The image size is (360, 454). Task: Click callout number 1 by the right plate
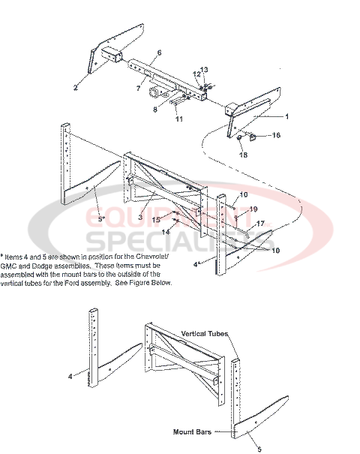pos(286,117)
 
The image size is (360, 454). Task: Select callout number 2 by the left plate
pos(75,88)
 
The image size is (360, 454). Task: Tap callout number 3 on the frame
pos(139,217)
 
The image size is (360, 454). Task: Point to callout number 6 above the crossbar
pos(159,53)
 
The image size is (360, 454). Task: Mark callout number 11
pos(179,119)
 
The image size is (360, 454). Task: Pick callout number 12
pos(196,74)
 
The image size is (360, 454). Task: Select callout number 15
pos(156,220)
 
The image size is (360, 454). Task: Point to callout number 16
pos(275,135)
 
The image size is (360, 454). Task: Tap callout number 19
pos(253,209)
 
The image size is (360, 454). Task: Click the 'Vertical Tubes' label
pos(205,333)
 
